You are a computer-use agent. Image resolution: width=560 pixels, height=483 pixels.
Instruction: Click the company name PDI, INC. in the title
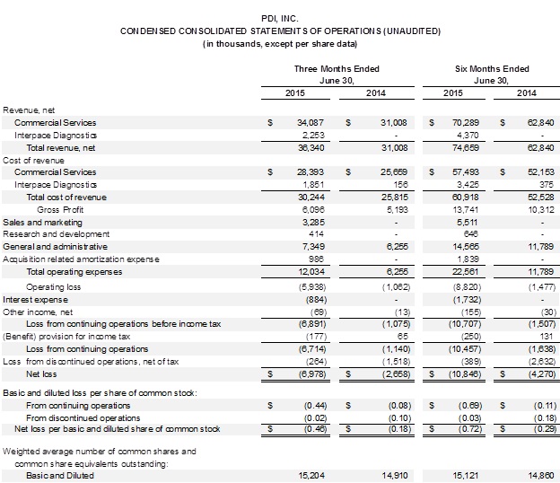[x=280, y=18]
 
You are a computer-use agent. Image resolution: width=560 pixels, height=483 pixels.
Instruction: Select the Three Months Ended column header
[x=337, y=68]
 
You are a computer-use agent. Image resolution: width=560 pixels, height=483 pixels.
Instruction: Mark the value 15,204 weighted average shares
[x=309, y=475]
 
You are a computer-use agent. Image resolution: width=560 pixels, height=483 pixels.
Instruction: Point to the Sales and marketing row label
[x=42, y=221]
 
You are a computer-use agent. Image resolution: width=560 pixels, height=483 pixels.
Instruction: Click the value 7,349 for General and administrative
[x=311, y=246]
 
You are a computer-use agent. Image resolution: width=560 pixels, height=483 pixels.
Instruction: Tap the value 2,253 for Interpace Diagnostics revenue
[x=311, y=135]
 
